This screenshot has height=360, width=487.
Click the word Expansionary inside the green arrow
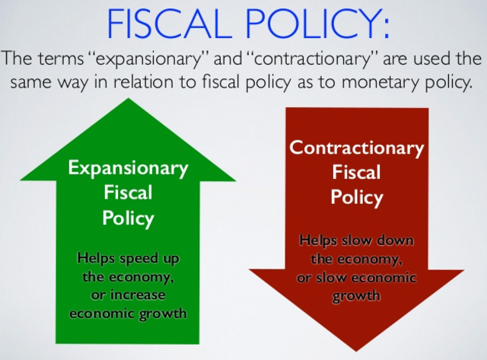pyautogui.click(x=127, y=167)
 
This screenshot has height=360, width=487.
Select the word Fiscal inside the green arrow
pyautogui.click(x=128, y=193)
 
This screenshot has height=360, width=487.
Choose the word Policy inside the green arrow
pyautogui.click(x=128, y=218)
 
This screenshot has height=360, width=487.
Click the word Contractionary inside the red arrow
pyautogui.click(x=356, y=147)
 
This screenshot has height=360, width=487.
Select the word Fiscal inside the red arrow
pyautogui.click(x=356, y=172)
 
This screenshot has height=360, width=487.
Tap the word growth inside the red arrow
pyautogui.click(x=356, y=295)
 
